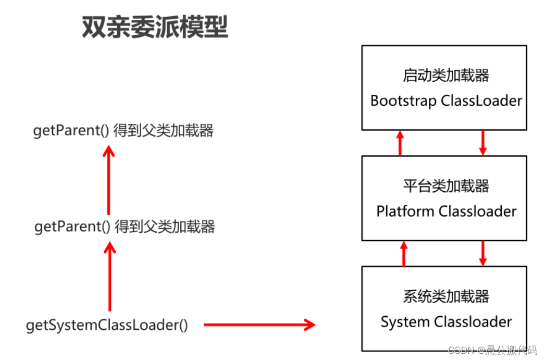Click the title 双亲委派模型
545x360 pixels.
click(155, 28)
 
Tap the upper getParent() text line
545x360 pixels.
click(123, 130)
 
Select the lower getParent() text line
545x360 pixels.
click(125, 227)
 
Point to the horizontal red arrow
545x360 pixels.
click(259, 325)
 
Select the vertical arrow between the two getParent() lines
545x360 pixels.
click(108, 180)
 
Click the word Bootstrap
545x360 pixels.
click(403, 101)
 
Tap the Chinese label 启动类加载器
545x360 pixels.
click(446, 76)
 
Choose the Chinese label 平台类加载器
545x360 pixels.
click(446, 186)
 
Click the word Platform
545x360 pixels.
click(405, 211)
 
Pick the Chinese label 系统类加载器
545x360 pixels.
click(446, 296)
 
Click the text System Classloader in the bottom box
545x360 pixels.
click(446, 322)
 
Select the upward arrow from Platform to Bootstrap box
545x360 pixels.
click(400, 143)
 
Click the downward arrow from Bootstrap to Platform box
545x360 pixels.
click(482, 143)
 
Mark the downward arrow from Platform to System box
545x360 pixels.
click(482, 253)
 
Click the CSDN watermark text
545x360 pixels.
click(492, 350)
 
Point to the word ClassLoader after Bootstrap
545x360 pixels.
click(481, 101)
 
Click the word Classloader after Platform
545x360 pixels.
click(477, 211)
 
